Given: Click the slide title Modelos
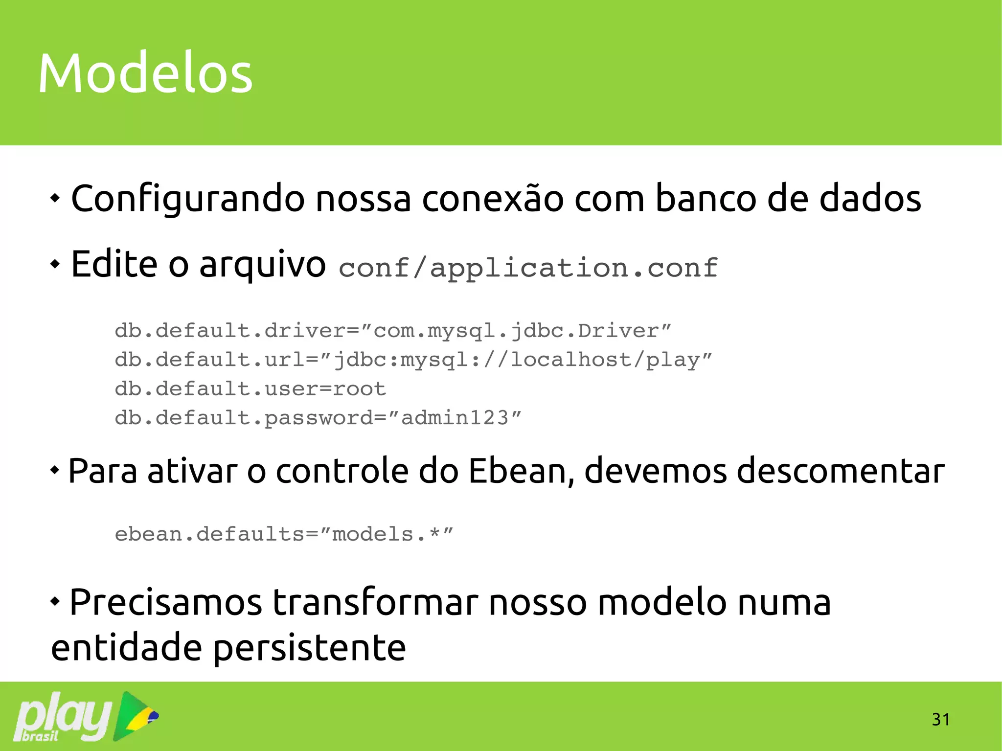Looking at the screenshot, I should (x=145, y=73).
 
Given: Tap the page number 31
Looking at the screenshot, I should (x=940, y=719).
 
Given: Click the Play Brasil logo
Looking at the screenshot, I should (x=86, y=716).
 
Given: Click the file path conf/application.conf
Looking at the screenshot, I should (x=528, y=268).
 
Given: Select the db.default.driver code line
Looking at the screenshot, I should (x=393, y=331).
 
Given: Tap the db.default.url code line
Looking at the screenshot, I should (x=413, y=360).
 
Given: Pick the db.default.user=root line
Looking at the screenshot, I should (x=250, y=389).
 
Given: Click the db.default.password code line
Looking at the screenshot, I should (x=318, y=418).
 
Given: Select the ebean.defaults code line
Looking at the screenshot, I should (x=284, y=534).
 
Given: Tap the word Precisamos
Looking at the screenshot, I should (x=166, y=602).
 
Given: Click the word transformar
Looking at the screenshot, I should (x=375, y=602).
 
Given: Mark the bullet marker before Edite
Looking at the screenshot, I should (x=55, y=264).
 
